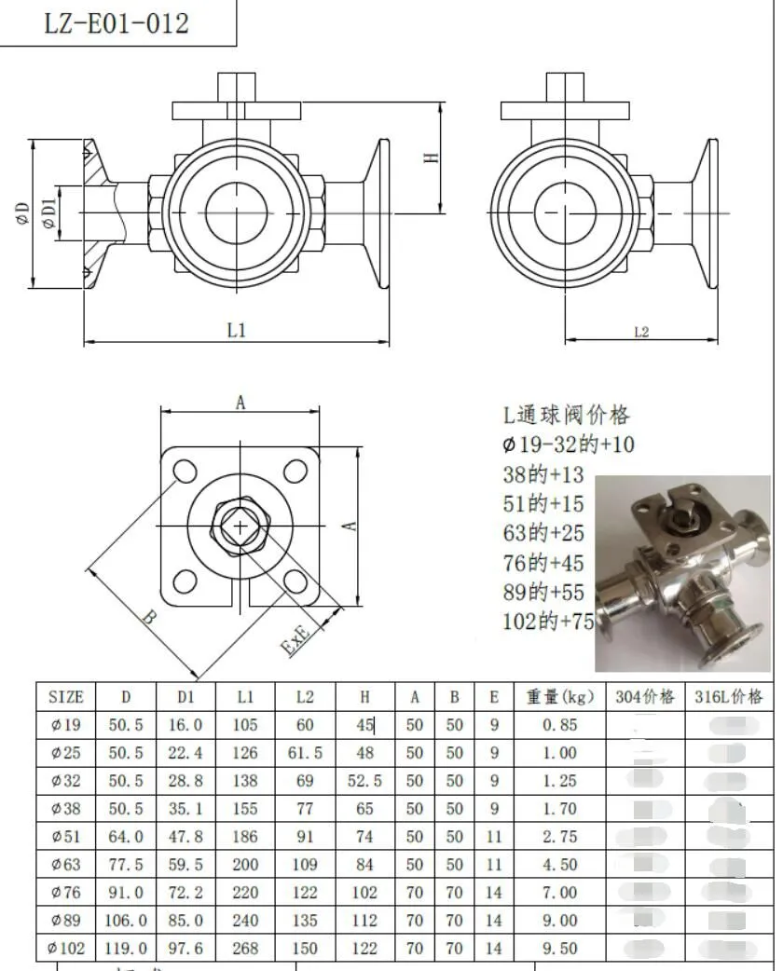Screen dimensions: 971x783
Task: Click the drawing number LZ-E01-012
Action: tap(117, 22)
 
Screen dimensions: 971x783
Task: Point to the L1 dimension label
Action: tap(237, 330)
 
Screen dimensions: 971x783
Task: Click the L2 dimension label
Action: tap(641, 332)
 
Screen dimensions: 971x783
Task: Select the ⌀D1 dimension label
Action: tap(48, 212)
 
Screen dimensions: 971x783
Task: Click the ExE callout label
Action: tap(297, 640)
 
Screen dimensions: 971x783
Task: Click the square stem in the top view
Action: tap(240, 527)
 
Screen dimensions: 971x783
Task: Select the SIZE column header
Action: tap(65, 697)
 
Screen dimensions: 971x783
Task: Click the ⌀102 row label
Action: tap(65, 949)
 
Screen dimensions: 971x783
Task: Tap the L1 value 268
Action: tap(245, 949)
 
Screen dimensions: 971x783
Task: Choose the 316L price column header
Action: tap(729, 697)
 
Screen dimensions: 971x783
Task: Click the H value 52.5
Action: tap(364, 781)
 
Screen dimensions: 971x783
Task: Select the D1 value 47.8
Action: tap(185, 837)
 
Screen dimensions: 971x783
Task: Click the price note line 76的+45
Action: tap(543, 563)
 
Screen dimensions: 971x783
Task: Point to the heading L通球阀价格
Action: tap(566, 416)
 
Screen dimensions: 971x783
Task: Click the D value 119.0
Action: tap(126, 949)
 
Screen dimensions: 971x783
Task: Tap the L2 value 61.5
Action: tap(305, 753)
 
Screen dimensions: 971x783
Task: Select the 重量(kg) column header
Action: tap(559, 697)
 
